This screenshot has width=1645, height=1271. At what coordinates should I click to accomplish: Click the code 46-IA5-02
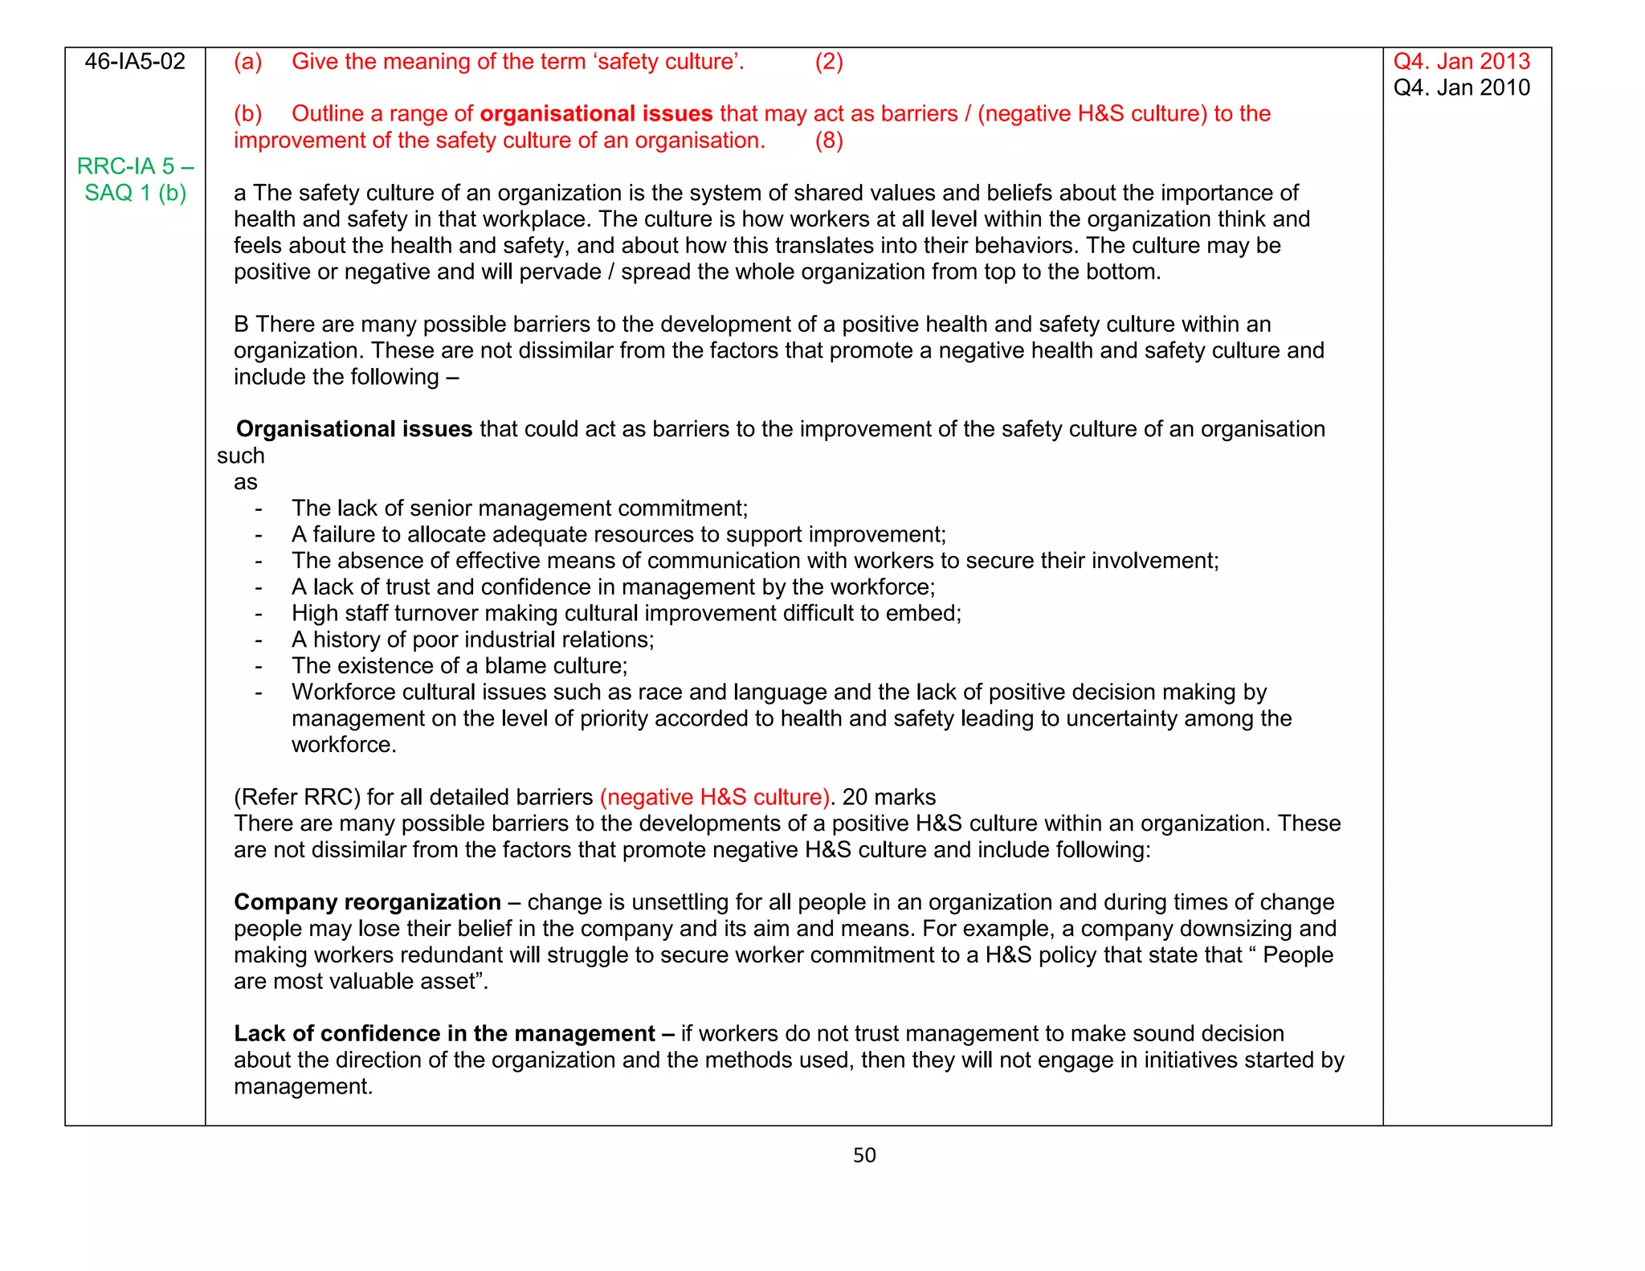pyautogui.click(x=135, y=62)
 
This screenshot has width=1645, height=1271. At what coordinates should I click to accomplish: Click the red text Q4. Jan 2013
pyautogui.click(x=1461, y=62)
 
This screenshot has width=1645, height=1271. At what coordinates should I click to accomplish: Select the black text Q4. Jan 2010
pyautogui.click(x=1461, y=88)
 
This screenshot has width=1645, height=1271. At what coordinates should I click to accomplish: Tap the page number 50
pyautogui.click(x=864, y=1155)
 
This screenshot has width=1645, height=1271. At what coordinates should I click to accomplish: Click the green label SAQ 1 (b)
pyautogui.click(x=135, y=193)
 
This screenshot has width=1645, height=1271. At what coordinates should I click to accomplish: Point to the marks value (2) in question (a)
pyautogui.click(x=829, y=62)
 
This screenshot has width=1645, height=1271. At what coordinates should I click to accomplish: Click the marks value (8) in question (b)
pyautogui.click(x=829, y=141)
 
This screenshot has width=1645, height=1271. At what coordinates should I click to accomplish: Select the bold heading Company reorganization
pyautogui.click(x=367, y=902)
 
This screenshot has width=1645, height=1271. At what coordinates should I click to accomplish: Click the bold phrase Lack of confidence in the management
pyautogui.click(x=444, y=1033)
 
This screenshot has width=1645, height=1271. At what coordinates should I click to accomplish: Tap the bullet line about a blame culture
pyautogui.click(x=459, y=666)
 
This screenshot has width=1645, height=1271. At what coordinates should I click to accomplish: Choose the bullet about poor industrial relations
pyautogui.click(x=472, y=640)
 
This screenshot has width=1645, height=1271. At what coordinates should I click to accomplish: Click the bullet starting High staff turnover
pyautogui.click(x=626, y=614)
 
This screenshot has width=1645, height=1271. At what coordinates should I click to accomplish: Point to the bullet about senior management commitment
pyautogui.click(x=519, y=509)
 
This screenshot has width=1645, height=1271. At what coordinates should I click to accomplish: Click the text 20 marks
pyautogui.click(x=889, y=797)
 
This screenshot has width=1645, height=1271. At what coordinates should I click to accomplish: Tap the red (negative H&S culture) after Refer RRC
pyautogui.click(x=714, y=797)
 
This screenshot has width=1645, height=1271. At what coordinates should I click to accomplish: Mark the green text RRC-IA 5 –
pyautogui.click(x=135, y=166)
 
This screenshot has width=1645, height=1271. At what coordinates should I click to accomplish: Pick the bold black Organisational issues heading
pyautogui.click(x=353, y=429)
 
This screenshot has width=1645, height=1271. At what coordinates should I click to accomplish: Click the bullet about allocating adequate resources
pyautogui.click(x=618, y=535)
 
